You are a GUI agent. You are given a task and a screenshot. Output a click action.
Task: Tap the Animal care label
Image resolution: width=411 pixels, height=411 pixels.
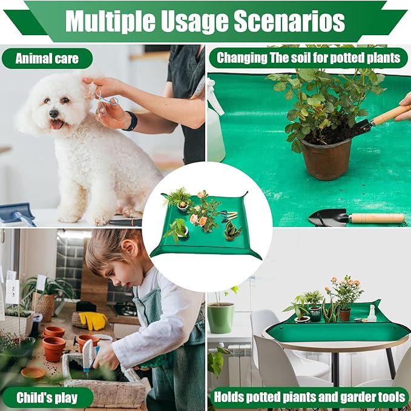point(47,59)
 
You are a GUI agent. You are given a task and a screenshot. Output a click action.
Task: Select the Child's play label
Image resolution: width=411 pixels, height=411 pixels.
point(47,398)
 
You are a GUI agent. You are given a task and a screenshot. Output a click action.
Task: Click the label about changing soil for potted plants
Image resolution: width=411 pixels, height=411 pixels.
point(308,58)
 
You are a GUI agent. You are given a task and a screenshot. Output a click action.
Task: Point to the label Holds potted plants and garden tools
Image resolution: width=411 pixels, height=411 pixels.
point(308,398)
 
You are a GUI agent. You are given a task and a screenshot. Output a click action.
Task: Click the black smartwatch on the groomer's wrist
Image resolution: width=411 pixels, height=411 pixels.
point(131,121)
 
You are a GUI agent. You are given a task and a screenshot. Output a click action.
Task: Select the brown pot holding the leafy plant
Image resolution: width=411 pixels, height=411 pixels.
point(327,159)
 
